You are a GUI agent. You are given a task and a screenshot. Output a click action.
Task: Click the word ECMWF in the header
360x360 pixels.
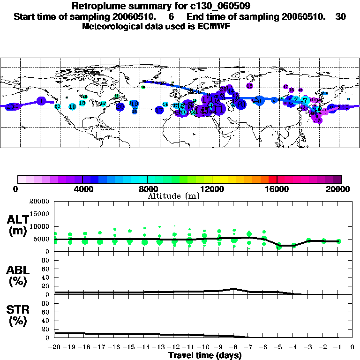pos(216,26)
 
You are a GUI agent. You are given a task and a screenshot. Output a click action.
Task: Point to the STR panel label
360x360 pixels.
pos(18,315)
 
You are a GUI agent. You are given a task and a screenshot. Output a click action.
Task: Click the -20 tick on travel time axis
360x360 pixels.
pos(55,347)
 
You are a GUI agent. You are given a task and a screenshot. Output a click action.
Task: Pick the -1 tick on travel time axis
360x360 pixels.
pos(337,347)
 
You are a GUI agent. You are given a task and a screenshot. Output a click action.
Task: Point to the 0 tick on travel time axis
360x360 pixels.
pos(352,347)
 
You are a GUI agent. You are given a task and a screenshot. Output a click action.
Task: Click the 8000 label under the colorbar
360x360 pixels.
pos(147,189)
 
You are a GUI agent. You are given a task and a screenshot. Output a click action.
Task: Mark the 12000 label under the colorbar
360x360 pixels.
pos(212,189)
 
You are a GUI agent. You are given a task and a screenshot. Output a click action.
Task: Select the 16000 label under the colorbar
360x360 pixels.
pos(277,189)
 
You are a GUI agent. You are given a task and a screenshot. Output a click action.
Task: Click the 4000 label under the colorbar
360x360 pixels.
pos(82,189)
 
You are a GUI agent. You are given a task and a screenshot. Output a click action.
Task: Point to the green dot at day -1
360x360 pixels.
pos(338,241)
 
